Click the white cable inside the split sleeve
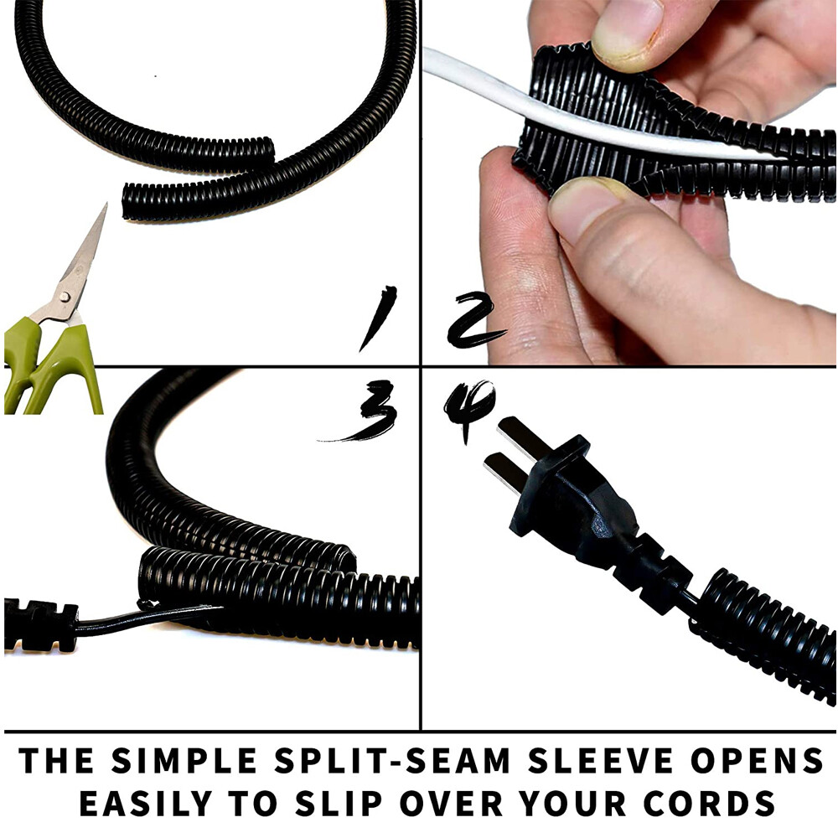587,126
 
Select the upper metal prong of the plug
520,437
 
